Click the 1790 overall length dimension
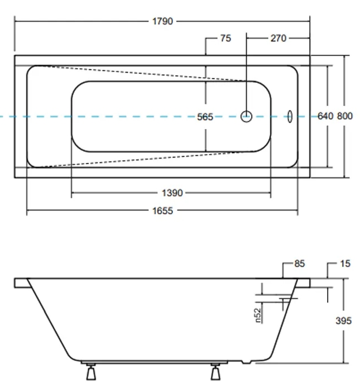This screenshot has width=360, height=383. [x=162, y=21]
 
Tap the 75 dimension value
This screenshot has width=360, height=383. [x=225, y=38]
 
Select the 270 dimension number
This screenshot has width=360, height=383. [x=278, y=38]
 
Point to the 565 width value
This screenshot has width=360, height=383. [x=205, y=117]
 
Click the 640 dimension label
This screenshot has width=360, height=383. [x=325, y=116]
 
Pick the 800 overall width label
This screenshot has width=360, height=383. [x=345, y=116]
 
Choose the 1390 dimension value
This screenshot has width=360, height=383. [x=172, y=193]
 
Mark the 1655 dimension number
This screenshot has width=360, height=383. [x=162, y=210]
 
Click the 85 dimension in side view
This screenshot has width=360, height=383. [x=299, y=264]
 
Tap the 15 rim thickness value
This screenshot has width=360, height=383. [x=345, y=264]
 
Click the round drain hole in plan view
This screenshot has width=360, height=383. [x=247, y=116]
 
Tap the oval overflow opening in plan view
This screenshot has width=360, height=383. [x=290, y=116]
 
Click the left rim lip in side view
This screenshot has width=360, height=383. [x=21, y=283]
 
